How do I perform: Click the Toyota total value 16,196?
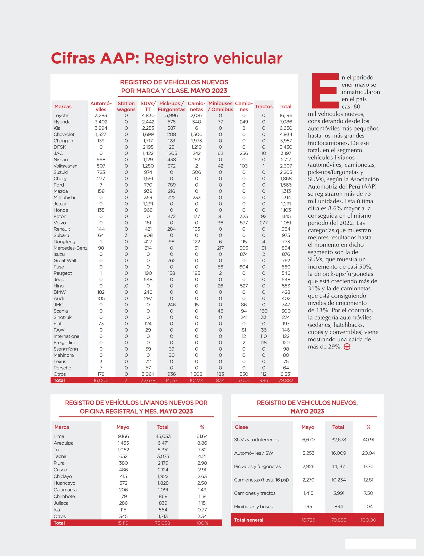click(x=286, y=115)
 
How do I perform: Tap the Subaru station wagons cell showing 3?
click(x=126, y=235)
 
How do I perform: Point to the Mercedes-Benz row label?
click(x=70, y=248)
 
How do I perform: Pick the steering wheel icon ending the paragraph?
click(x=347, y=347)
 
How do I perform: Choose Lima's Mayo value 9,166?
click(x=123, y=436)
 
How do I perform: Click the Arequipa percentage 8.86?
click(x=202, y=443)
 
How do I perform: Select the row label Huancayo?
click(x=64, y=483)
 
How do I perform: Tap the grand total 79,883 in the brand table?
click(x=286, y=381)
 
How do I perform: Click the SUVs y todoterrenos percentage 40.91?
click(x=368, y=440)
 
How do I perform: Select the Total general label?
click(x=249, y=520)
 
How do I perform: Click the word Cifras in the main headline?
click(x=73, y=58)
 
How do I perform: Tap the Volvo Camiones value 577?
click(x=244, y=223)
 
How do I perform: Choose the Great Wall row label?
click(x=65, y=261)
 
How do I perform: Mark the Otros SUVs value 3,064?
click(x=148, y=374)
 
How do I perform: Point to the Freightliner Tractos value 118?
click(x=264, y=343)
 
